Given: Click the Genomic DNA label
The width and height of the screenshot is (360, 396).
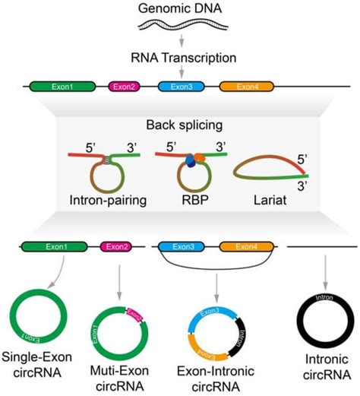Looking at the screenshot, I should [x=180, y=8].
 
